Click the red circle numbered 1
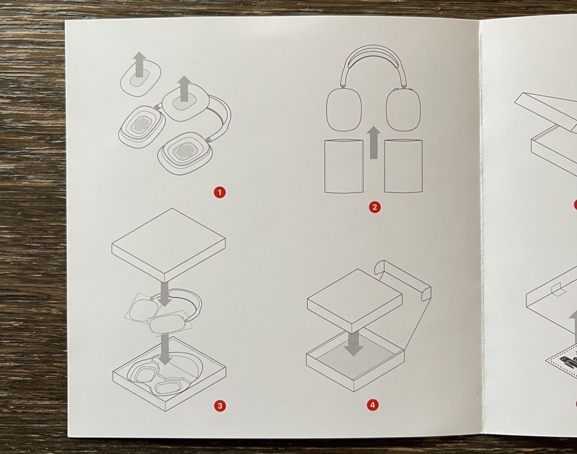point(220,192)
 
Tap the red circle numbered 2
point(375,207)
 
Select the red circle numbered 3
point(220,405)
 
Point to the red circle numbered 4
point(373,405)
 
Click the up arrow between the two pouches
point(374,142)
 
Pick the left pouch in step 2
point(344,166)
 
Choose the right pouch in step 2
point(403,166)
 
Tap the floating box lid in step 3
point(168,245)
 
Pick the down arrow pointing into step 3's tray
point(165,349)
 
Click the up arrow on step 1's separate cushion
point(139,64)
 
